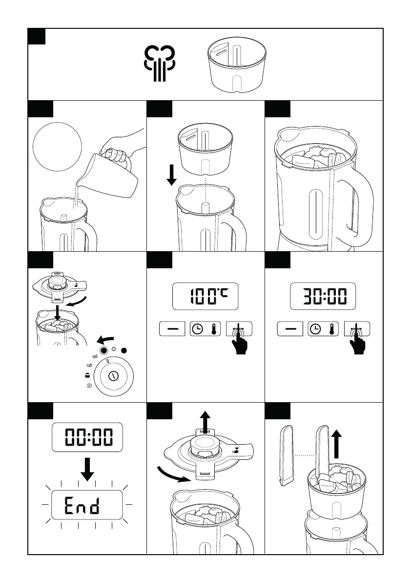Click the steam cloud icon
(x=159, y=63)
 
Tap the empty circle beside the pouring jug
(x=58, y=147)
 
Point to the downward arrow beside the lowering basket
(x=172, y=175)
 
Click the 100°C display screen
(x=205, y=296)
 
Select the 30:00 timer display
(x=323, y=296)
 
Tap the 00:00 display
(x=87, y=437)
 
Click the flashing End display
(x=87, y=505)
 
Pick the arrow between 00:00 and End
(x=87, y=469)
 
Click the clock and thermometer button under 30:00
(x=323, y=329)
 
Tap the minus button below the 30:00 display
(x=290, y=329)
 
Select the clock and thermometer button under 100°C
(x=205, y=329)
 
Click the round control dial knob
(x=113, y=376)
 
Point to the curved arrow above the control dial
(x=105, y=340)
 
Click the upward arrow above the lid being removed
(x=205, y=420)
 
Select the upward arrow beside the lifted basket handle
(x=336, y=444)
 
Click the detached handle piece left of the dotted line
(x=286, y=456)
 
